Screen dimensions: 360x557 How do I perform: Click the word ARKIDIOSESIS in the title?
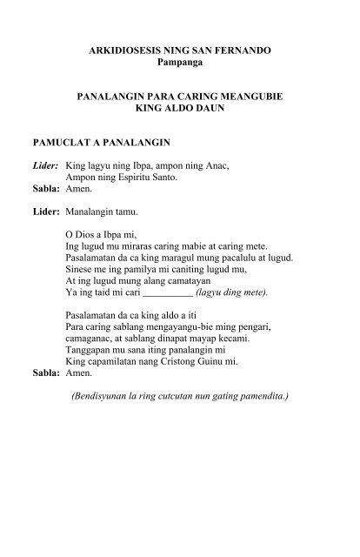coord(132,54)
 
